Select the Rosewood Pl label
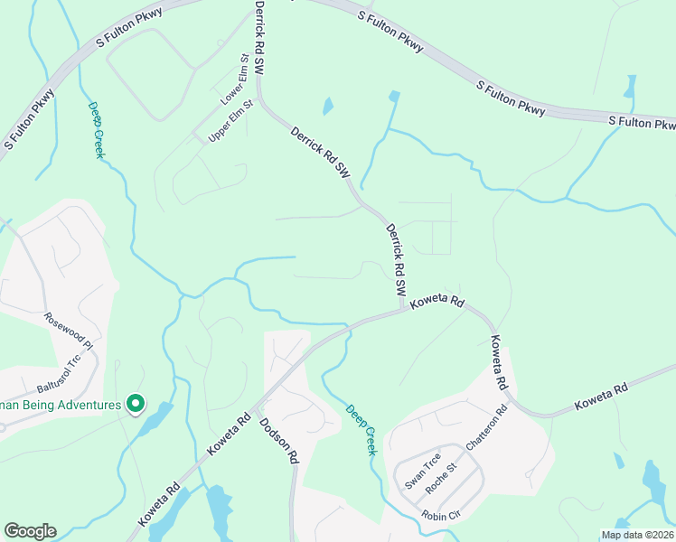[70, 331]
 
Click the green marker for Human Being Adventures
[136, 404]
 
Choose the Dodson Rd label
[278, 440]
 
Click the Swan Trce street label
[422, 470]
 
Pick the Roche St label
[444, 473]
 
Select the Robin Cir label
[442, 515]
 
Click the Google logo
[30, 531]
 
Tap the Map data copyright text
[638, 535]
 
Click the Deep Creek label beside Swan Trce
[360, 429]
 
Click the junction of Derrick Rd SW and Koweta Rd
[402, 310]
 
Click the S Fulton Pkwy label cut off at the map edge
[642, 123]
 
